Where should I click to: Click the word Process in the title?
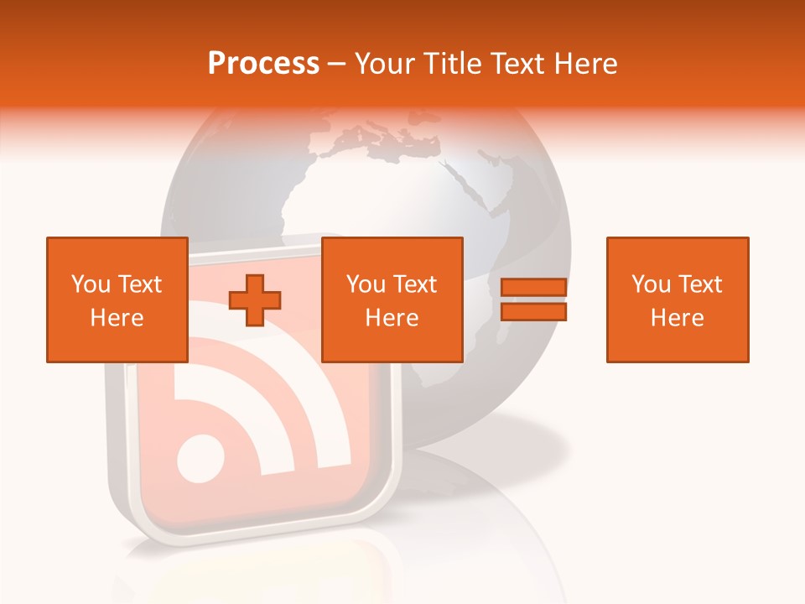click(x=263, y=64)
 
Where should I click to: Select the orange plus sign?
click(x=255, y=299)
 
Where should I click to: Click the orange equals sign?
click(x=533, y=299)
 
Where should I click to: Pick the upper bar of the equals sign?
click(x=533, y=288)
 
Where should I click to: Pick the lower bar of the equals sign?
click(x=533, y=312)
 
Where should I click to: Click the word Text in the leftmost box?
click(x=140, y=284)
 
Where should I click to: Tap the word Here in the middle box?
click(x=392, y=318)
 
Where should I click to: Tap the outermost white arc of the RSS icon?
click(x=335, y=403)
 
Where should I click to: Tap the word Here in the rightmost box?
click(x=678, y=318)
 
